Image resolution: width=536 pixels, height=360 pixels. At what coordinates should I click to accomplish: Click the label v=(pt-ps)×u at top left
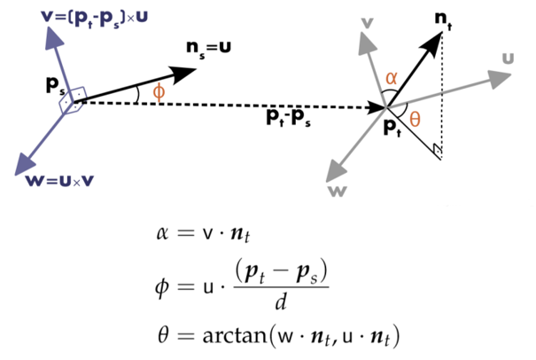[81, 18]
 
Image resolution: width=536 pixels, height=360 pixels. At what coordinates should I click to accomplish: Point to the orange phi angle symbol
[159, 91]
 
